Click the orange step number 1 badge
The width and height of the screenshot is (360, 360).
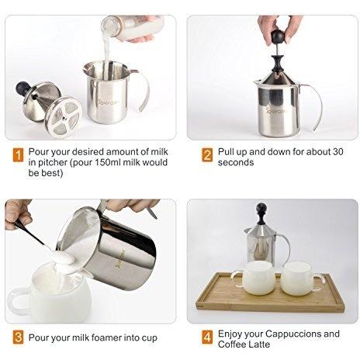pos(18,155)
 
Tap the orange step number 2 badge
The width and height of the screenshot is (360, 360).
pos(207,155)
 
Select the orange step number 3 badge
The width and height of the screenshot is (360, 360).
pos(18,337)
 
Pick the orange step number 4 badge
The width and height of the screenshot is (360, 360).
pos(207,337)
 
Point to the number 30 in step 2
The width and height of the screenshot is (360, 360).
pos(337,152)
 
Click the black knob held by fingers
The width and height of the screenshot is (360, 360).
pos(278,37)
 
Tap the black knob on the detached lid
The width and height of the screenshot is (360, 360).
pos(22,88)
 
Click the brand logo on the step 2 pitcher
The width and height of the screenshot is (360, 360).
pos(275,111)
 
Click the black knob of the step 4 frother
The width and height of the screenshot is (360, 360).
pos(261,208)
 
